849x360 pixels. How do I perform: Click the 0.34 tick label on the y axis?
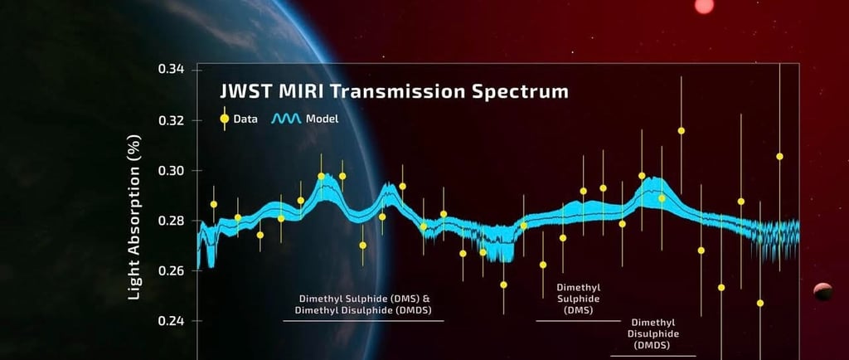coord(171,70)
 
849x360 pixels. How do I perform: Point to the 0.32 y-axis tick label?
coord(171,120)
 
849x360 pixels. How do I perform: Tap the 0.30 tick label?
coord(171,171)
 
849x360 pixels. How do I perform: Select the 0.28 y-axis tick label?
coord(171,221)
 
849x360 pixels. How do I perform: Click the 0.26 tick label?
coord(171,270)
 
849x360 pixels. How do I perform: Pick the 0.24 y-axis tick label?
coord(171,321)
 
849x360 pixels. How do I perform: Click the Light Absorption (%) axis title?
coord(135,217)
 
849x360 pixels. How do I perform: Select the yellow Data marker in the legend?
coord(224,119)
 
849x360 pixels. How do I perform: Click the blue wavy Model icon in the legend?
coord(285,119)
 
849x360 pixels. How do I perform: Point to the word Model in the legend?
coord(323,119)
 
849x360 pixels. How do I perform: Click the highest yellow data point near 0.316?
coord(682,130)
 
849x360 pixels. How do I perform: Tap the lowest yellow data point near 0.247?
coord(760,303)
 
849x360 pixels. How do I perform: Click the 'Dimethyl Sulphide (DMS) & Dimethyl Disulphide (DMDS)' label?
coord(363,304)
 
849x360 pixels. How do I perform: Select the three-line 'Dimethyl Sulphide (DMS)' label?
coord(578,299)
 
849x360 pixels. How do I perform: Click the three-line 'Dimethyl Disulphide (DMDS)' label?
coord(653,333)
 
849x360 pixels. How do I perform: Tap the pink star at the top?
coord(704,6)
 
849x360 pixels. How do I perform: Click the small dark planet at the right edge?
coord(823,292)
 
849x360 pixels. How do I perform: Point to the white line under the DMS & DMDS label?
coord(363,321)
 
